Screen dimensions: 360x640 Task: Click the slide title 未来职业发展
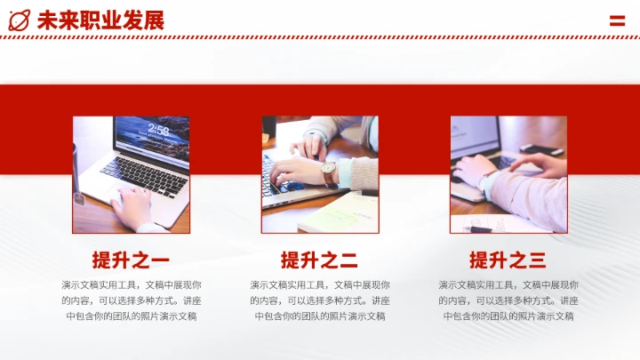[x=100, y=20]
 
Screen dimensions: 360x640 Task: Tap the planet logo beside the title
[x=20, y=20]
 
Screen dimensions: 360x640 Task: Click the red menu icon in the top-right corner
[x=617, y=20]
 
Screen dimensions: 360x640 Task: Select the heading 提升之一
[x=131, y=260]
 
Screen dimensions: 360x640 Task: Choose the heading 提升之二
[x=319, y=260]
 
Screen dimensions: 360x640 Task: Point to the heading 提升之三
[x=508, y=260]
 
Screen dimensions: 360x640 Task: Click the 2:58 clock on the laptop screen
[x=159, y=130]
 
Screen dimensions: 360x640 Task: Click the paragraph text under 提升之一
[x=131, y=300]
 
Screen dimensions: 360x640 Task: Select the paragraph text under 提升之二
[x=319, y=300]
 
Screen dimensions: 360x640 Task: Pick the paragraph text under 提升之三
[x=508, y=300]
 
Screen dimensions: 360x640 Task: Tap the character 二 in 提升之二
[x=348, y=260]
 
